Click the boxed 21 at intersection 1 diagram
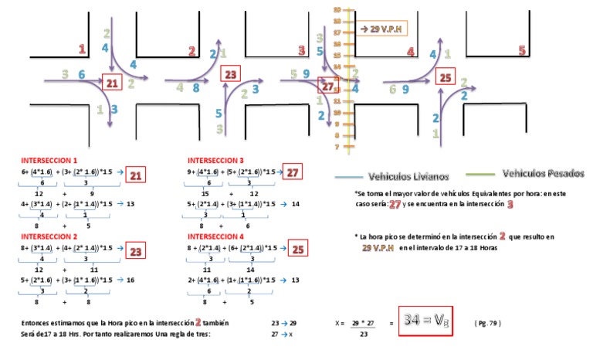112,83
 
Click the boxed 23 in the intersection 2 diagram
230,74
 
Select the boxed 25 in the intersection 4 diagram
445,77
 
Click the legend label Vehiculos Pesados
542,173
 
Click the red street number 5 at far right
522,51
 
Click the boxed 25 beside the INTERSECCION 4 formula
298,249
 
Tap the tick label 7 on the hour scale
337,147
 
